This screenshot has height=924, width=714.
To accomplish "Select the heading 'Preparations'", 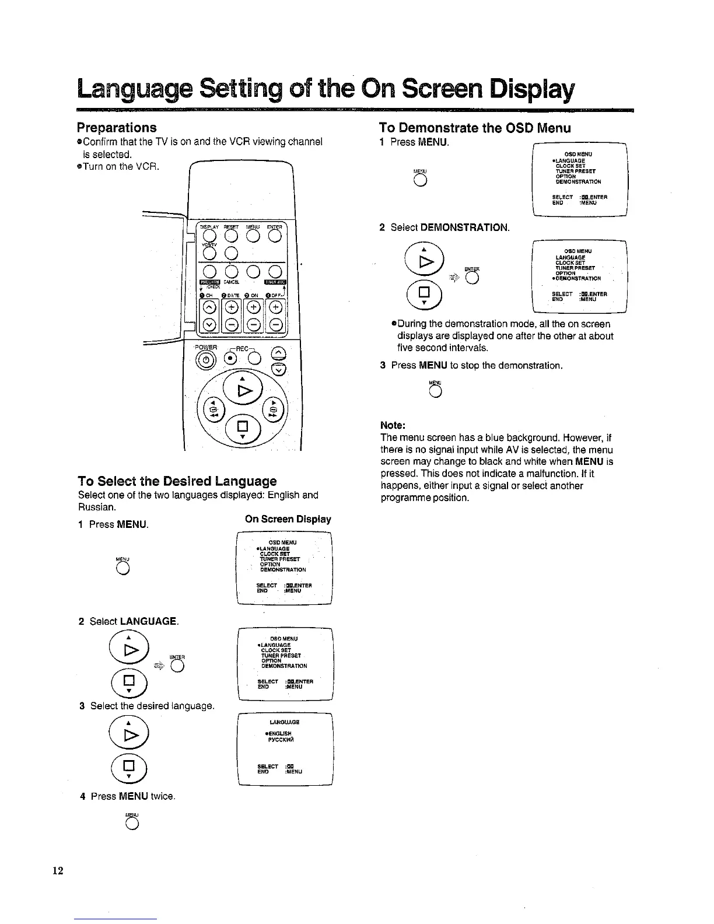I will click(x=117, y=127).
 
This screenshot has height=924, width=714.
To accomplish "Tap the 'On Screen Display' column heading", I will click(x=288, y=519).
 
